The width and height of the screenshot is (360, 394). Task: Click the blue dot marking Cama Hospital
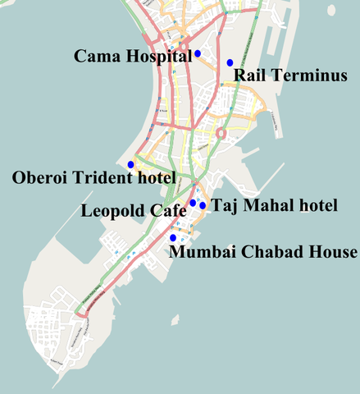coord(198,53)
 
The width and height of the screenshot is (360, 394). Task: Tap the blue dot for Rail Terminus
coord(230,62)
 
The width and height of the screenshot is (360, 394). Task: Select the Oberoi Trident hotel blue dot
coord(130,165)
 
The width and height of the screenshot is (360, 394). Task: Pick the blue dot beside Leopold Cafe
coord(193,203)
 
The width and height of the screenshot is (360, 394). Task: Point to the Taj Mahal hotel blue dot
coord(203,205)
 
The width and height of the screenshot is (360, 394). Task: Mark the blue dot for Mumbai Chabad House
coord(172,238)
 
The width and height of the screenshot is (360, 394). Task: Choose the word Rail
coord(251,76)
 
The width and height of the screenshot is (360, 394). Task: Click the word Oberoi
coord(40,177)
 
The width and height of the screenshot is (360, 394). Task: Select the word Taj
coord(225,206)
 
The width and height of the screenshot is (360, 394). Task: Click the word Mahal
coord(264,206)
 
